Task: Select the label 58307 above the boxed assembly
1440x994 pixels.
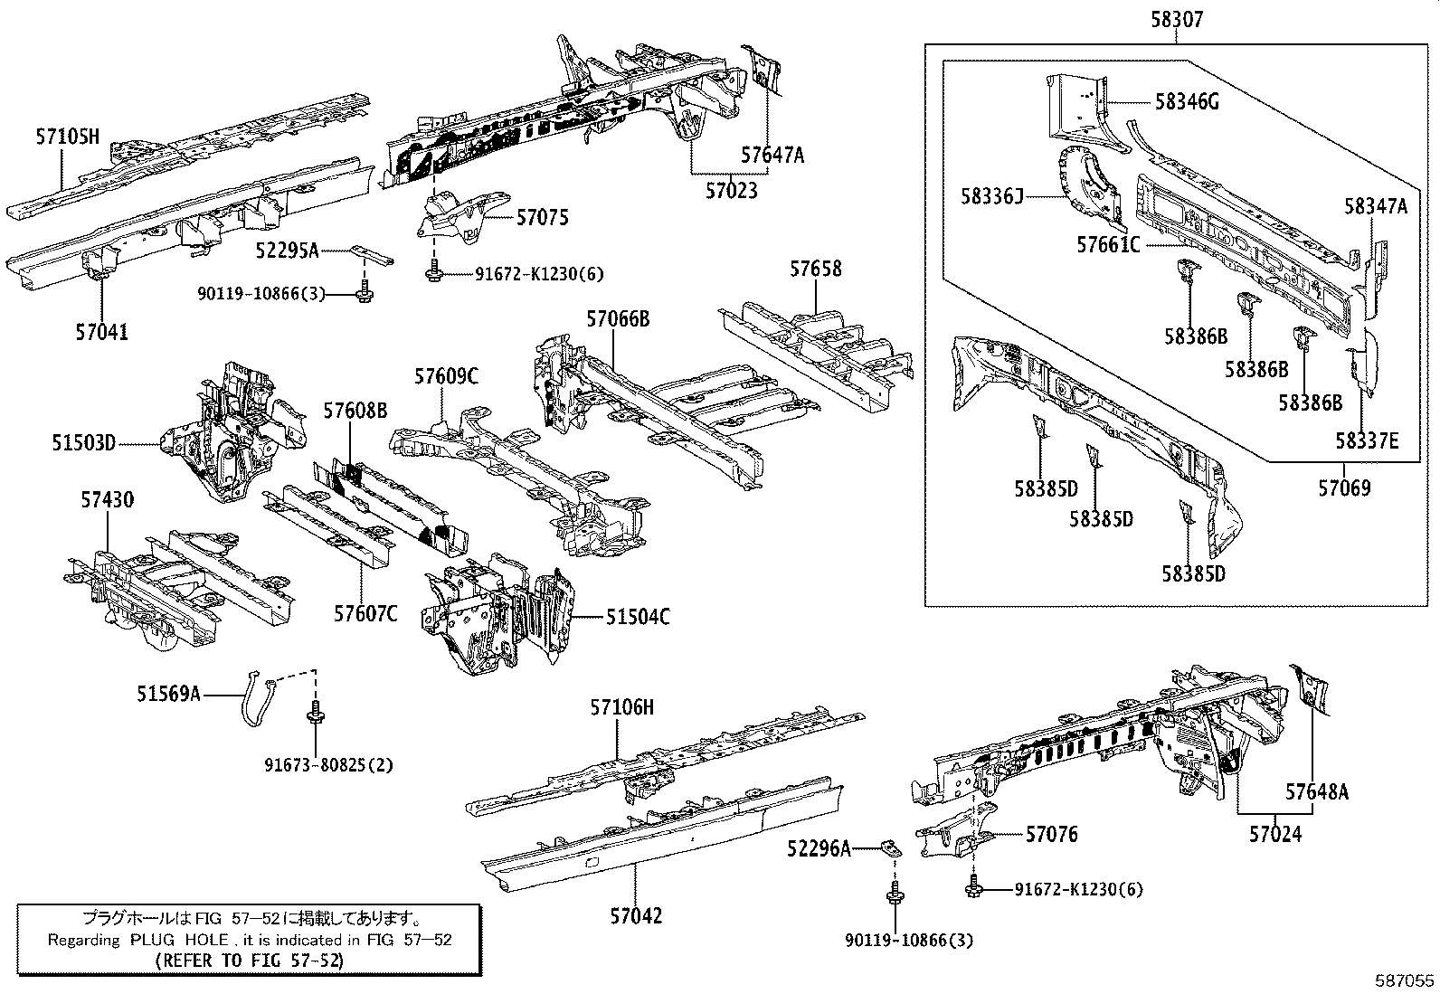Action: click(1177, 19)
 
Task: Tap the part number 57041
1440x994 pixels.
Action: click(101, 332)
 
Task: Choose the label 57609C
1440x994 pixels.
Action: click(446, 376)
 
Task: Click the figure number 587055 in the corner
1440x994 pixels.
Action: click(1405, 980)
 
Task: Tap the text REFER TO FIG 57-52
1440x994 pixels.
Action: click(249, 961)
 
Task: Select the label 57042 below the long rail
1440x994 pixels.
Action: click(635, 915)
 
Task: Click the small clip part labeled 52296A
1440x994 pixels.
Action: click(892, 847)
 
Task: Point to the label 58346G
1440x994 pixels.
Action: click(1187, 101)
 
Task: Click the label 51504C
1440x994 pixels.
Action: click(638, 617)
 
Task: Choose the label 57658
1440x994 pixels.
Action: click(815, 269)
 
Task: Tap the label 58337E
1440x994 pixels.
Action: click(1367, 440)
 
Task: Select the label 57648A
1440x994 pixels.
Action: click(1317, 791)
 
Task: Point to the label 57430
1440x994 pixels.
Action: click(107, 500)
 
